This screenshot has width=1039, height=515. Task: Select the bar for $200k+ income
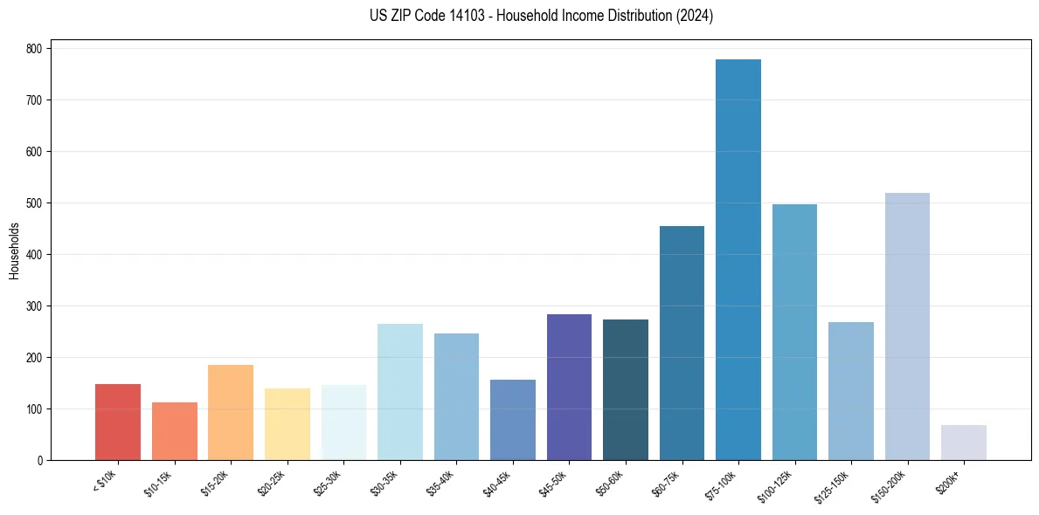(964, 443)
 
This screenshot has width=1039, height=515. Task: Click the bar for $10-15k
(175, 431)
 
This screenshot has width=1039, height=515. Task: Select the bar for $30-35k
(400, 392)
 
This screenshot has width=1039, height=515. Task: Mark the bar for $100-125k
(794, 332)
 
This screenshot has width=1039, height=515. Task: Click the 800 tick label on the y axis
(34, 49)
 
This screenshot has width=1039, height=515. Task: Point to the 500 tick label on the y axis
(34, 203)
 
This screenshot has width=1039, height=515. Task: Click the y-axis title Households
(14, 250)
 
